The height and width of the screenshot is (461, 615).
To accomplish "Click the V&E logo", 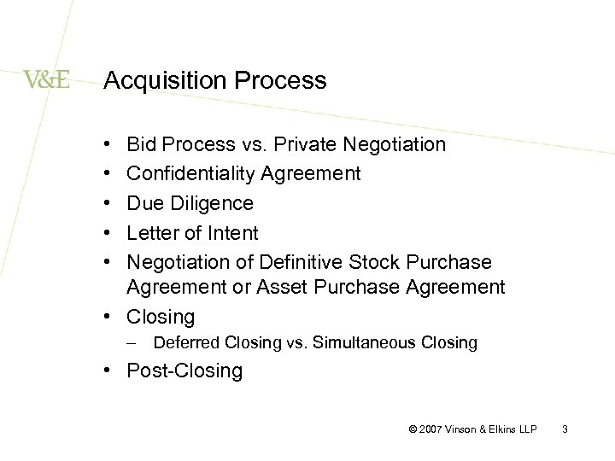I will pyautogui.click(x=47, y=80).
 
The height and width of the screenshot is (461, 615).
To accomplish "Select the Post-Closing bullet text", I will pyautogui.click(x=184, y=371).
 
